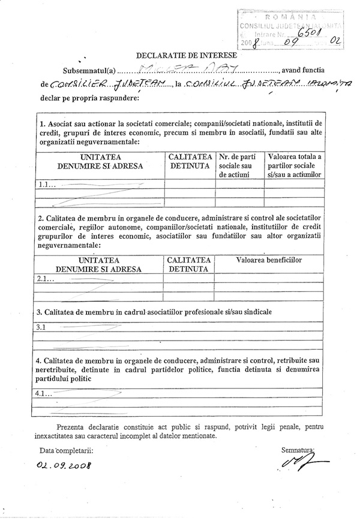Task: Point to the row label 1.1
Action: click(46, 185)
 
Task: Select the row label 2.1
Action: click(46, 280)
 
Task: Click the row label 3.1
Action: click(41, 327)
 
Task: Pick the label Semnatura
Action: click(297, 448)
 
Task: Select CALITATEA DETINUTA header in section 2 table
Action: click(189, 264)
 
